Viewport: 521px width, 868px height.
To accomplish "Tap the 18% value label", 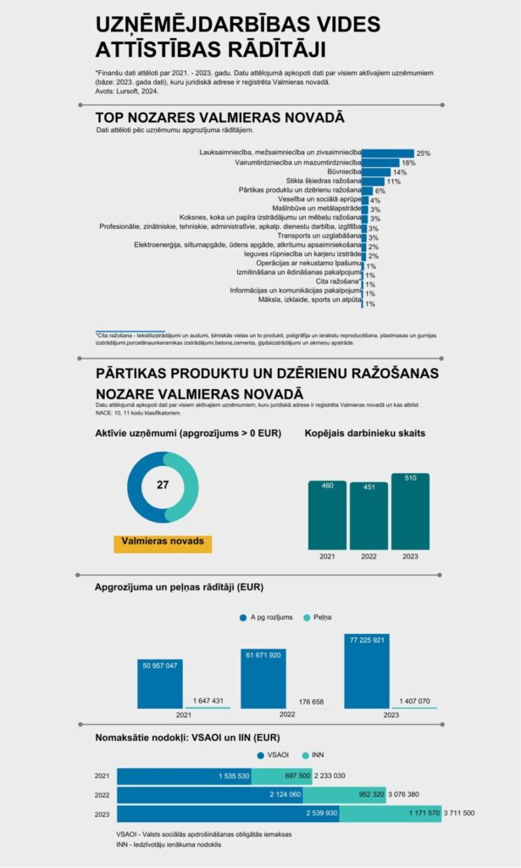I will [408, 163].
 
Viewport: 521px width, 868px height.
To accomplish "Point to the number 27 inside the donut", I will [164, 486].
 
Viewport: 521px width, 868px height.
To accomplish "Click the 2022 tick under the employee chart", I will [368, 557].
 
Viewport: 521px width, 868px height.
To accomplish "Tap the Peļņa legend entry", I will [318, 617].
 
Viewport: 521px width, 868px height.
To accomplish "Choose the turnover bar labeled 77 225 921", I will [367, 670].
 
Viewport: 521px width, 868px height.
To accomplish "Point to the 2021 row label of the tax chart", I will [103, 776].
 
